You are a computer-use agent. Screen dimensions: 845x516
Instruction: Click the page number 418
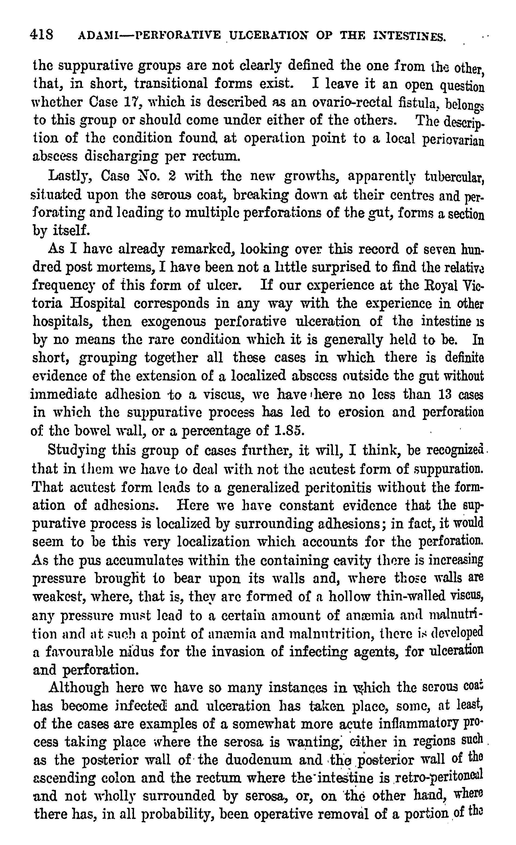pos(42,35)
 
